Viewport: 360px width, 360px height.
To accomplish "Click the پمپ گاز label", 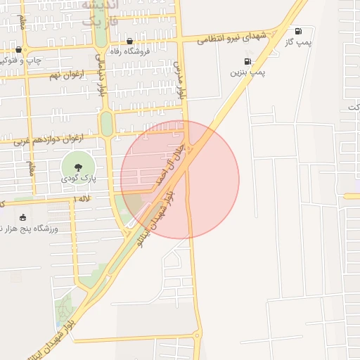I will (x=297, y=43).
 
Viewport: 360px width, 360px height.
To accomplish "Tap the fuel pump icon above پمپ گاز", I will (x=298, y=32).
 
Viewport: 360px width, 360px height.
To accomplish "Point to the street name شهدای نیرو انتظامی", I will (x=232, y=37).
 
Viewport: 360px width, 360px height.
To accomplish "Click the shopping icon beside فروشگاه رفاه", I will (x=129, y=41).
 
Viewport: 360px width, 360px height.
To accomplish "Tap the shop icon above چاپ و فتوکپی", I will (x=18, y=49).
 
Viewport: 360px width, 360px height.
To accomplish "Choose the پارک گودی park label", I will (x=77, y=179).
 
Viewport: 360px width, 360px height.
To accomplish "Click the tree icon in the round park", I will (x=77, y=166).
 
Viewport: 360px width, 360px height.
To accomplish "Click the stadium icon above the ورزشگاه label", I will (x=23, y=217).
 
